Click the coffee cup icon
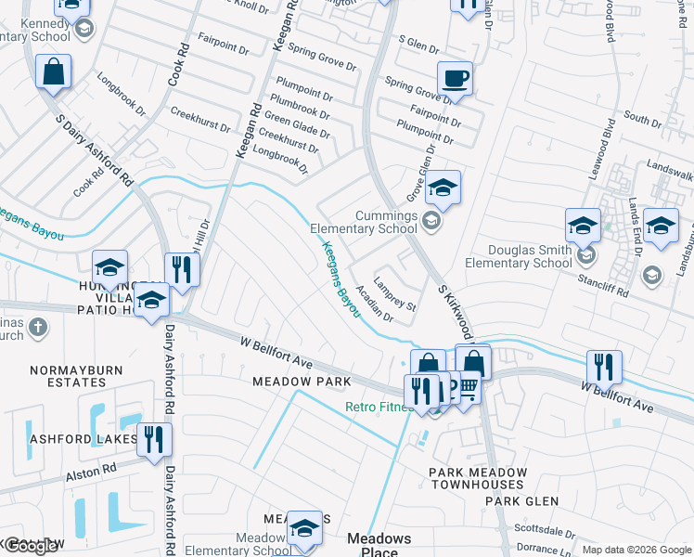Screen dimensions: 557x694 455,78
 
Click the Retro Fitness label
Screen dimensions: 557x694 379,408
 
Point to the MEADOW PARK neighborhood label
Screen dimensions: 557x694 302,382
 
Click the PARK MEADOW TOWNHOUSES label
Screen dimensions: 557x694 478,479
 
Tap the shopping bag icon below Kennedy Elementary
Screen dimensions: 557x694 54,71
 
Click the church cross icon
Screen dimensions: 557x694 37,327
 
